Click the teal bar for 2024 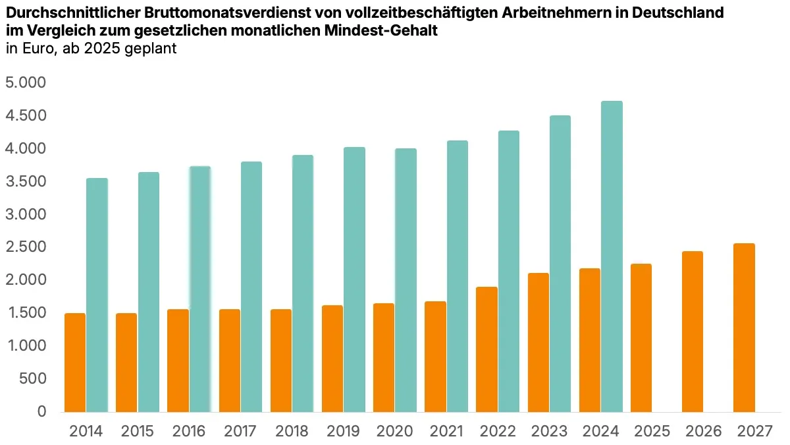tap(612, 256)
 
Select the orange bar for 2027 tap(745, 328)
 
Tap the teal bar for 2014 tap(97, 295)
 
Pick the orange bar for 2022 tap(487, 349)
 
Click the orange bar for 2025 tap(641, 338)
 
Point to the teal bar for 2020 tap(406, 280)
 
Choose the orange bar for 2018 tap(281, 361)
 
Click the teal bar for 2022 tap(508, 271)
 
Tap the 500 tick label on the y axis tap(32, 378)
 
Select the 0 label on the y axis tap(41, 411)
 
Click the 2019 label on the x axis tap(343, 432)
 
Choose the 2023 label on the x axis tap(549, 432)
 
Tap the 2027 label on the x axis tap(754, 432)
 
